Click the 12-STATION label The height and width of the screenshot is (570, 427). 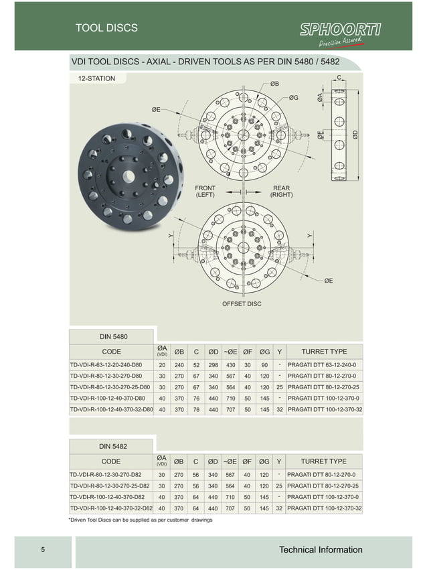(96, 78)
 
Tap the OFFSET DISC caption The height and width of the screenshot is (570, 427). (241, 304)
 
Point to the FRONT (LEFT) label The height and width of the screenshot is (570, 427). (205, 191)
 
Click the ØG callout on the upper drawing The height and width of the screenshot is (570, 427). (294, 98)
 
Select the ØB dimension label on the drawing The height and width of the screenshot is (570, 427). (274, 84)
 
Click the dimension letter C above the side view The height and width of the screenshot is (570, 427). (340, 78)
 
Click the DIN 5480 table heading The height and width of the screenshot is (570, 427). (113, 336)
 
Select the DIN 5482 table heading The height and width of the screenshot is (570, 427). (113, 446)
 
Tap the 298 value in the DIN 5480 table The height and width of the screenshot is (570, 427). (213, 365)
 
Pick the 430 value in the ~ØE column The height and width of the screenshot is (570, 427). (230, 365)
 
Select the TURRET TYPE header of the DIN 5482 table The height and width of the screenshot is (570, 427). (324, 461)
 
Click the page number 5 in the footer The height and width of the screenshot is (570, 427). (43, 551)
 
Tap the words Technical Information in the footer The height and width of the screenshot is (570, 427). (321, 550)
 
